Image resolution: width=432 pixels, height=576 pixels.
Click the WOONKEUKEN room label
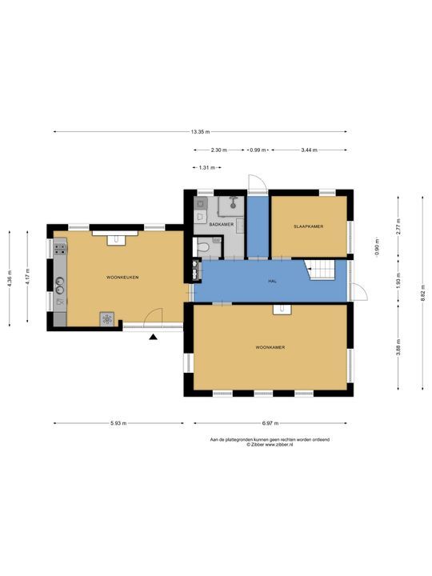122,278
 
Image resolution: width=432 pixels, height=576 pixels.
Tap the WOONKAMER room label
270,347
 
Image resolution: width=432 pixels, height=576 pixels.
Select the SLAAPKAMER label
309,226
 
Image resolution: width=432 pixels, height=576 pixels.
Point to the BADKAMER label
221,224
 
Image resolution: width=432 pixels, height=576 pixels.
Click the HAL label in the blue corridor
272,281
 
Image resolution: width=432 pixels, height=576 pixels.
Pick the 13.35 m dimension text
200,131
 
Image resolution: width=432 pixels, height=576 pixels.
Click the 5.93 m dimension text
118,423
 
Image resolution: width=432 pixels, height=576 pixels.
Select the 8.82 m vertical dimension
423,293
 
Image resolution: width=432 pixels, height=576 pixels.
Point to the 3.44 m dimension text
309,150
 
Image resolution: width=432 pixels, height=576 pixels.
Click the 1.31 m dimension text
207,167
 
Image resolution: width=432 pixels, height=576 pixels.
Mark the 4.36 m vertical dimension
10,278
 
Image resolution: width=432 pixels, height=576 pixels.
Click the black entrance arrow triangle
153,337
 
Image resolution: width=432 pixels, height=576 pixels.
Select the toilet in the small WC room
202,246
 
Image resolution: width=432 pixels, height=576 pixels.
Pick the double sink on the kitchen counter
59,286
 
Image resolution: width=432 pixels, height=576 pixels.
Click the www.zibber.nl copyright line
270,444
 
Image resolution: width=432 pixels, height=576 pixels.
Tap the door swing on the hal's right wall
359,293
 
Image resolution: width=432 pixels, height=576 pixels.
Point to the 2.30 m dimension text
219,150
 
